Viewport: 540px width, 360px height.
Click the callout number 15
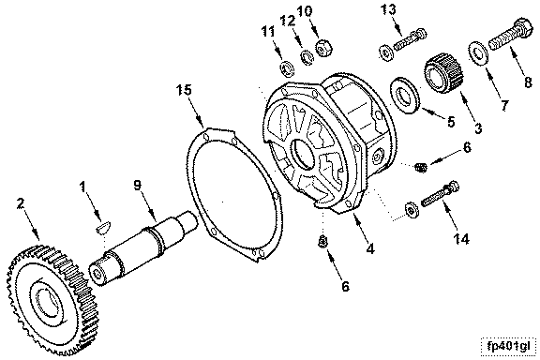[x=184, y=90]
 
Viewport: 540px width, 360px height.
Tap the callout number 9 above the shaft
[x=138, y=185]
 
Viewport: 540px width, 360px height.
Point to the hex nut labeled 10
[x=323, y=48]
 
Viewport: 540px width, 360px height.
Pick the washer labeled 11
[x=287, y=68]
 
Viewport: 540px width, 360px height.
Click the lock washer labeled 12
[x=306, y=57]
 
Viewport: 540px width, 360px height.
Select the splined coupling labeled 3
[x=444, y=73]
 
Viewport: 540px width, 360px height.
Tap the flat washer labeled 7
[x=478, y=52]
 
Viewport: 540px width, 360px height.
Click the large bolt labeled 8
[x=511, y=36]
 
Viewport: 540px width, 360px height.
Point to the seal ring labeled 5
[x=404, y=95]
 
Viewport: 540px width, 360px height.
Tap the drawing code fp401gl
[x=509, y=346]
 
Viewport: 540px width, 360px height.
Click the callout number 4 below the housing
[x=370, y=248]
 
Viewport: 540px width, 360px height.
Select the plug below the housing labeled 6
[x=322, y=242]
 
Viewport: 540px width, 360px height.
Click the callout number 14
[x=461, y=238]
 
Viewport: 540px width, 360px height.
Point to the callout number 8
[x=528, y=82]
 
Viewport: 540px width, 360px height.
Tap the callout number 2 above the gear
[x=21, y=203]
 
